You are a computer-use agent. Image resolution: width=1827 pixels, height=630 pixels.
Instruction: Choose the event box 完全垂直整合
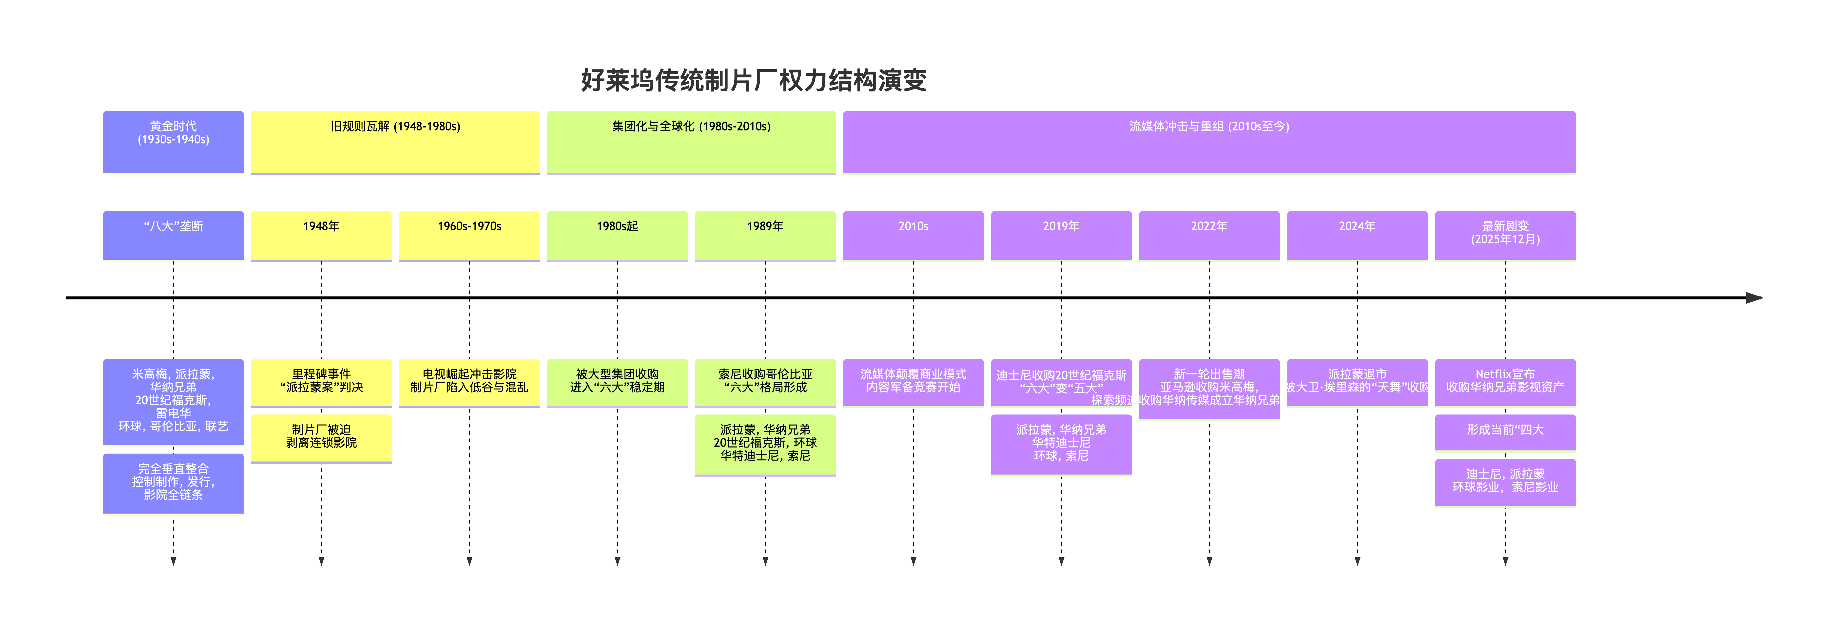[x=173, y=482]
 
